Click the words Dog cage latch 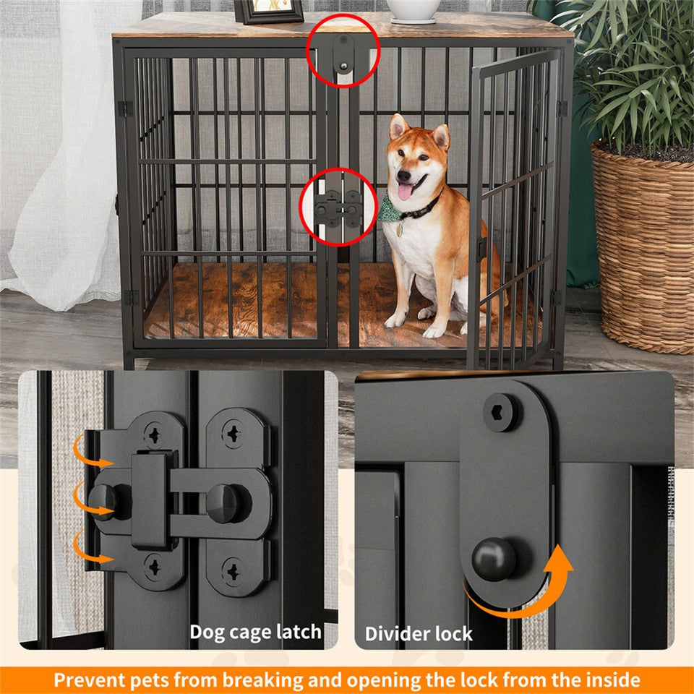point(255,632)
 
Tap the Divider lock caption point(418,634)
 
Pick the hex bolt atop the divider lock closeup point(500,414)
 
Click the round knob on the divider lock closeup point(494,559)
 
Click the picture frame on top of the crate point(269,12)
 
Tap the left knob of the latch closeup point(103,500)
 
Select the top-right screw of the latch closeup point(234,435)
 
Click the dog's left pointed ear point(398,127)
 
